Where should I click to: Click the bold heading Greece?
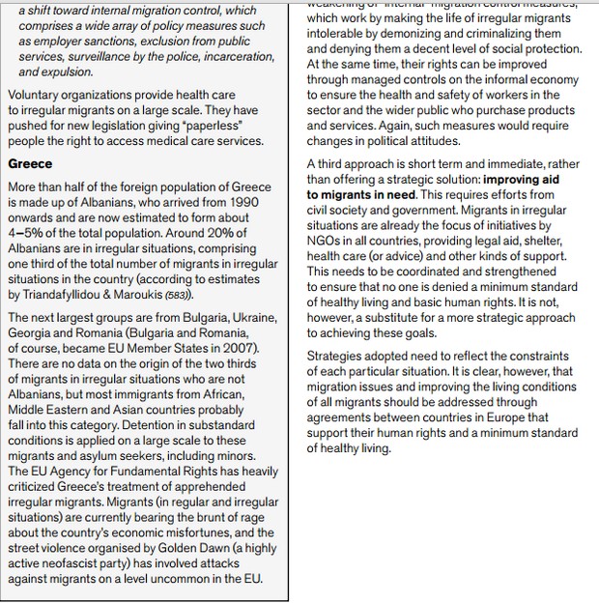(x=30, y=164)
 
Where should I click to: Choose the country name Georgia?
(x=32, y=332)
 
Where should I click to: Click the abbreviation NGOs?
(x=324, y=241)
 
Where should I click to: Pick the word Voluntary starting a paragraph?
(x=36, y=96)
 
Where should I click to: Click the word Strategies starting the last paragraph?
(x=337, y=356)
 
